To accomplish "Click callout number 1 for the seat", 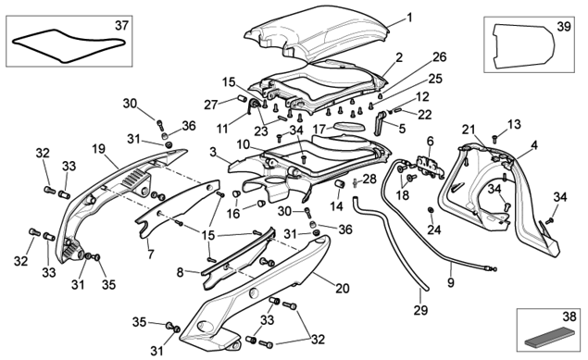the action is [x=409, y=18].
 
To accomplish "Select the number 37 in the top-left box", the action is [x=121, y=26].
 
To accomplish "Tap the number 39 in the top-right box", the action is [x=564, y=27].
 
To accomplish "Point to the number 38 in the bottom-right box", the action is [x=569, y=317].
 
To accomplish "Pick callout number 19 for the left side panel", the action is [x=99, y=150].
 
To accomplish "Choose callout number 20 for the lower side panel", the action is [x=343, y=289].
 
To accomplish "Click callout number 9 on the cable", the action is [x=451, y=282].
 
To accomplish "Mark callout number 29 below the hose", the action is [x=420, y=310].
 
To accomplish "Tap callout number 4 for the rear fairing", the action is [x=534, y=145].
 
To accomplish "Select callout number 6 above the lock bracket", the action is [x=431, y=142].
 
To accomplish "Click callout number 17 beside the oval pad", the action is [x=319, y=130].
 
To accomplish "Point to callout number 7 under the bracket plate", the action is [x=151, y=254].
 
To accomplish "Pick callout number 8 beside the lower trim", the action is [x=180, y=272].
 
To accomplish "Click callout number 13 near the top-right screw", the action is [x=514, y=124].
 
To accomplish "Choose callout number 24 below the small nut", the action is [x=434, y=230].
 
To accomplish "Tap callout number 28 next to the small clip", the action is [x=369, y=179].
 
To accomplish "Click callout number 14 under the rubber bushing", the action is [x=337, y=205].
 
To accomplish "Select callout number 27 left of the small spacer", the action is [x=211, y=105].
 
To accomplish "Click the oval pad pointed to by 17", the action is [x=349, y=126].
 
